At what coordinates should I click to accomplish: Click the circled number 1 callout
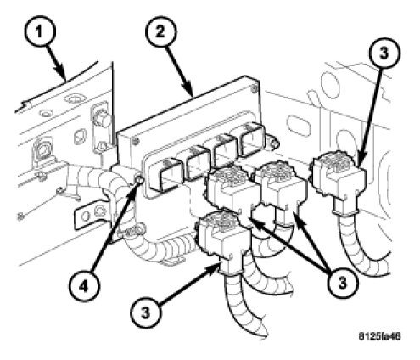click(40, 31)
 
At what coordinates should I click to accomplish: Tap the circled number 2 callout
click(160, 32)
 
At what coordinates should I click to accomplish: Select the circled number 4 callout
click(84, 286)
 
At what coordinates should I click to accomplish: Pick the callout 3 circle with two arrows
click(342, 282)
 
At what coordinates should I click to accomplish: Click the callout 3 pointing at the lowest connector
click(145, 312)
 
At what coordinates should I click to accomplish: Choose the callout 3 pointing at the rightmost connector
click(384, 53)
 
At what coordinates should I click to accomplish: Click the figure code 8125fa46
click(379, 336)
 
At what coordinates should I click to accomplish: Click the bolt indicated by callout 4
click(139, 179)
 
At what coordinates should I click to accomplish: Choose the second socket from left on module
click(194, 163)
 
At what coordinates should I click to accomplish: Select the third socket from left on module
click(225, 150)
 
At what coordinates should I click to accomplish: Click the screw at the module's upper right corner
click(255, 88)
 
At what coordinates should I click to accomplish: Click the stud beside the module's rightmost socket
click(274, 143)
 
